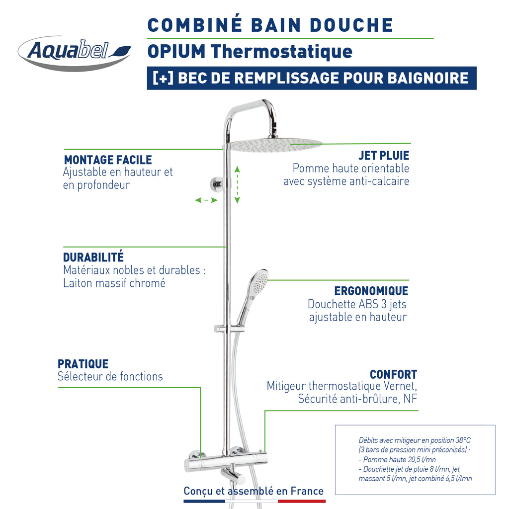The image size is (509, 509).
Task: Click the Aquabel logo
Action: click(x=75, y=52)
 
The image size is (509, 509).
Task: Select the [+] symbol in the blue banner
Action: click(x=163, y=78)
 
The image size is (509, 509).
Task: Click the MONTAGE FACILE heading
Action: click(x=108, y=160)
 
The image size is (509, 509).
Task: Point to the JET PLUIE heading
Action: click(x=384, y=156)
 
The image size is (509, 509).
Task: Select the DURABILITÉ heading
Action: click(x=93, y=257)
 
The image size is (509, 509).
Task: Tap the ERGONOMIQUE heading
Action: click(x=371, y=291)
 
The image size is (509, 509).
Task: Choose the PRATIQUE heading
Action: click(x=83, y=364)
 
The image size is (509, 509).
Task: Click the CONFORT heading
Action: click(x=393, y=374)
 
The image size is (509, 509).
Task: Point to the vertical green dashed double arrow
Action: click(x=237, y=185)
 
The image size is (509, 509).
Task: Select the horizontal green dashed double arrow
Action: click(x=206, y=200)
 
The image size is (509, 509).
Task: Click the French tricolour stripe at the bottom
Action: click(x=254, y=502)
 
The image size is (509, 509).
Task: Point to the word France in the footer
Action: click(x=307, y=491)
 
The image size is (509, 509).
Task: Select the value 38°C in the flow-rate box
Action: click(x=462, y=440)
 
